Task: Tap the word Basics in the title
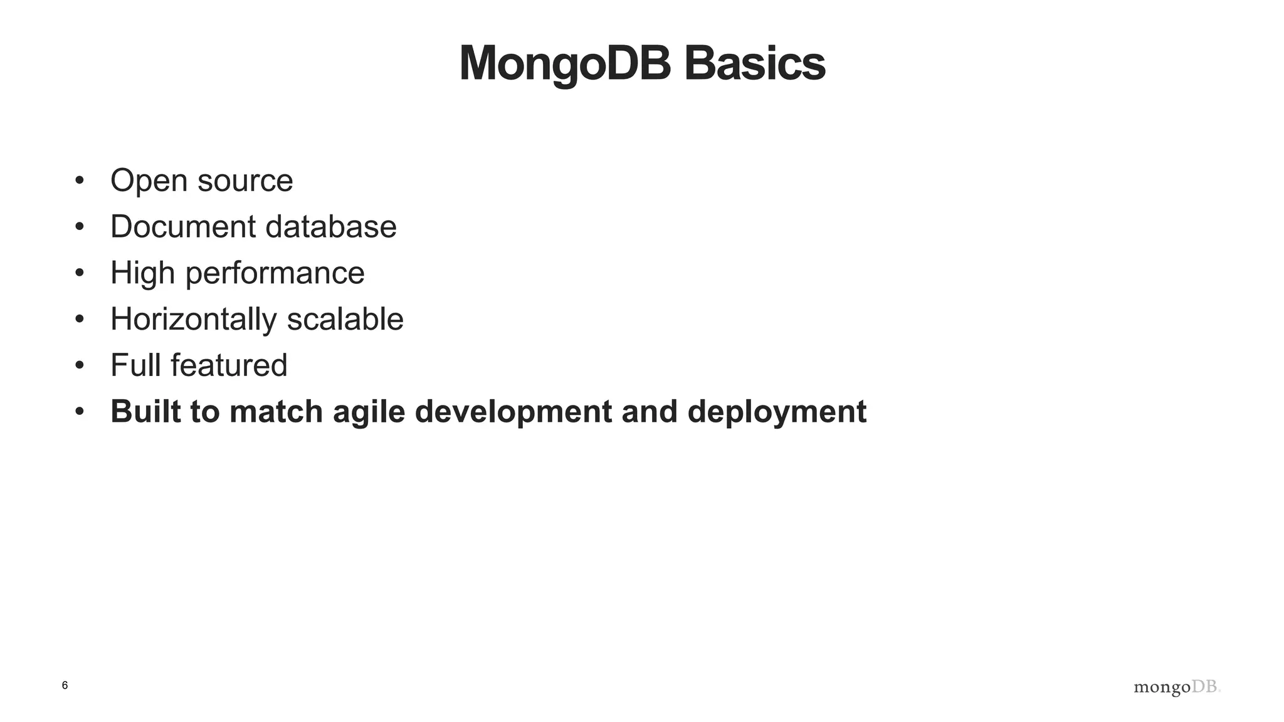(x=755, y=64)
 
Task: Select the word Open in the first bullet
(x=149, y=181)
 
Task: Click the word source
(x=245, y=181)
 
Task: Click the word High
(x=142, y=273)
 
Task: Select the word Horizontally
(x=193, y=320)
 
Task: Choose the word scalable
(x=345, y=320)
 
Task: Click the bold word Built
(x=145, y=412)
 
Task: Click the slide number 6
(x=65, y=686)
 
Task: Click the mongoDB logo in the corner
(x=1177, y=688)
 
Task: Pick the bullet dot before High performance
(x=79, y=273)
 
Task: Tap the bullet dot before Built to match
(x=79, y=412)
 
